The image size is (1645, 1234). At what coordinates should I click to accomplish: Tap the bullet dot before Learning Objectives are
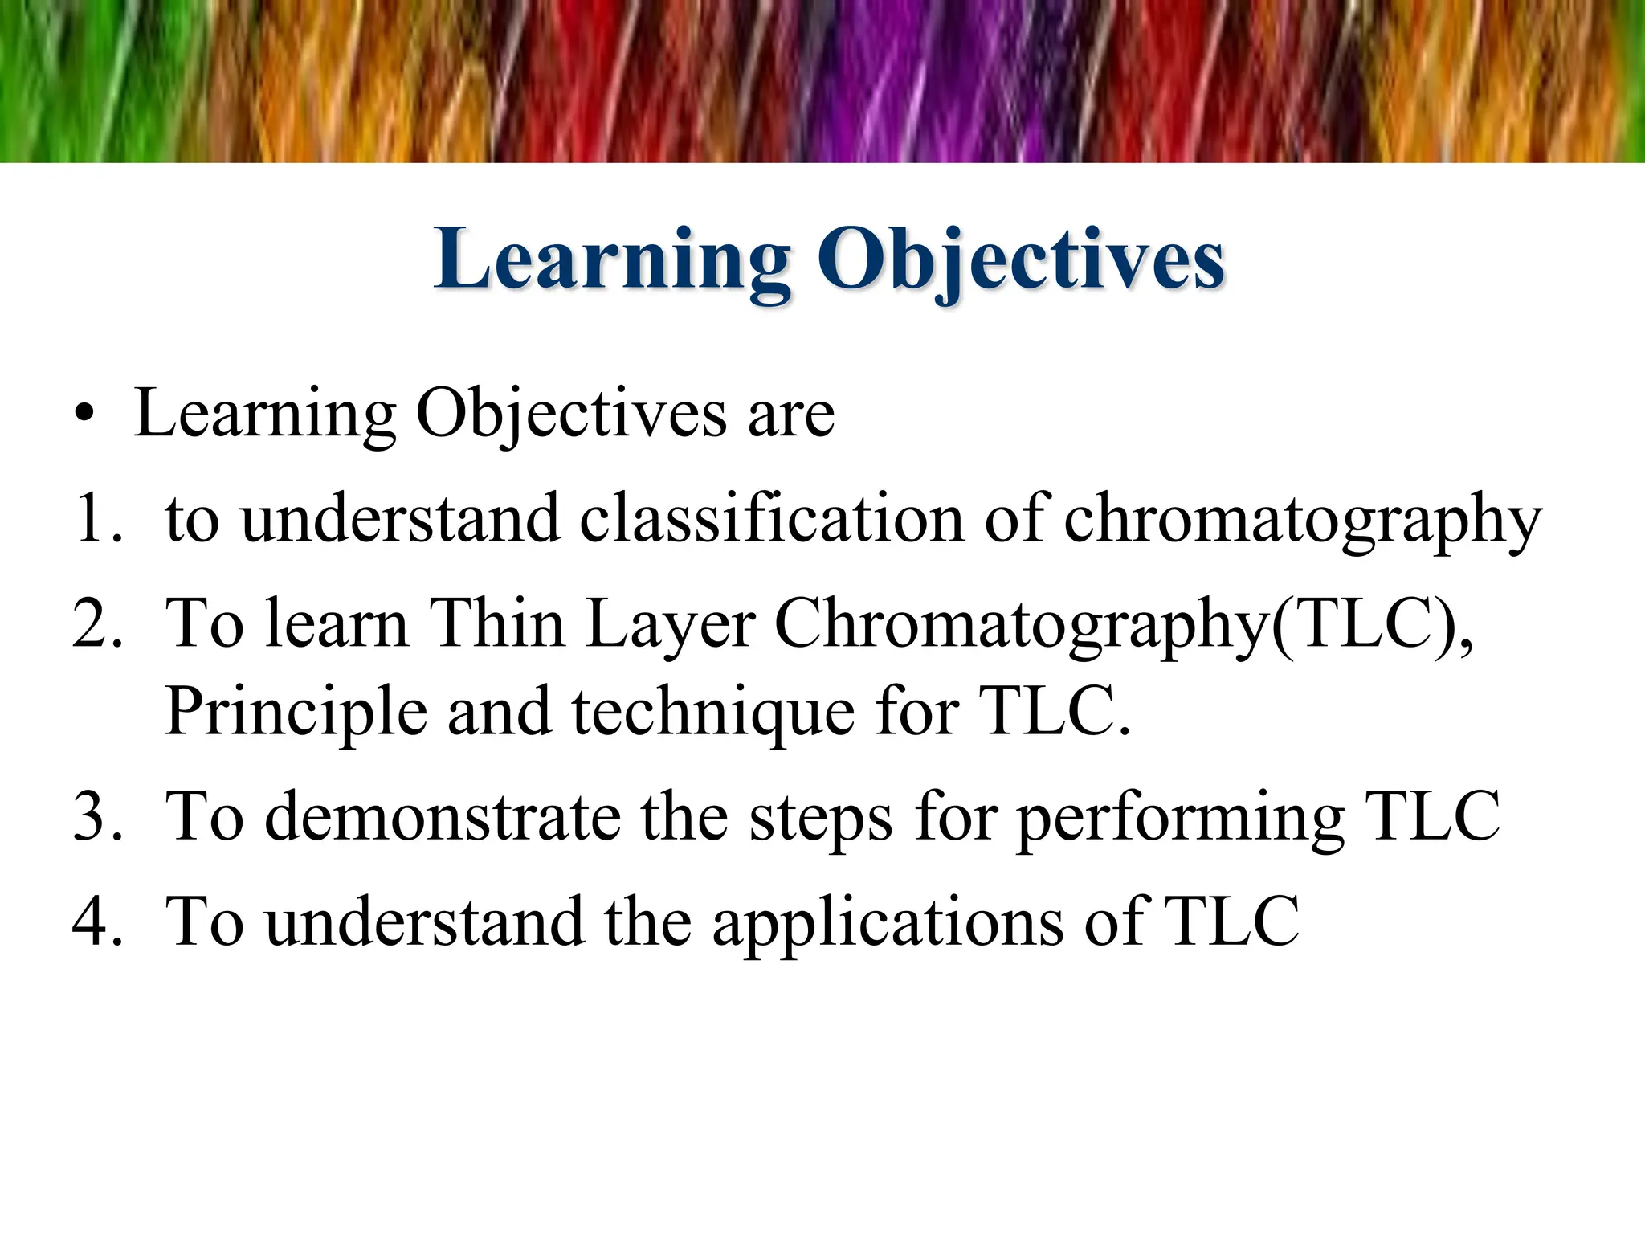[84, 415]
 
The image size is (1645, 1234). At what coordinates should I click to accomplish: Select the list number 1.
[95, 520]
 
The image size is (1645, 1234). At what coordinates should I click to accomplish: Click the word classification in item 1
[771, 518]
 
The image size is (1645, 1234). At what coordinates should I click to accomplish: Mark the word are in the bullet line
[790, 415]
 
